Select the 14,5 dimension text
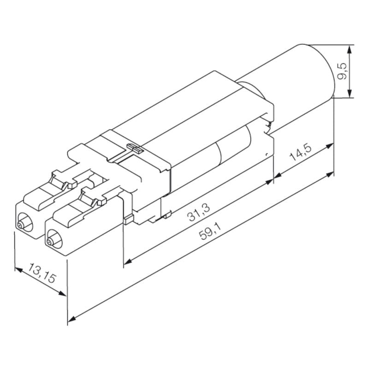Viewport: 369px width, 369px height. (301, 153)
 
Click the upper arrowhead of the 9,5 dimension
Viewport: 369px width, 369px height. (351, 48)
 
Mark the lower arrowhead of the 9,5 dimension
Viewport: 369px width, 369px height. (351, 94)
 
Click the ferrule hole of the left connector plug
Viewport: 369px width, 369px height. (20, 225)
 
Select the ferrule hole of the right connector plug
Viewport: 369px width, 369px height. (50, 241)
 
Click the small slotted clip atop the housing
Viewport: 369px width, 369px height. (134, 148)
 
